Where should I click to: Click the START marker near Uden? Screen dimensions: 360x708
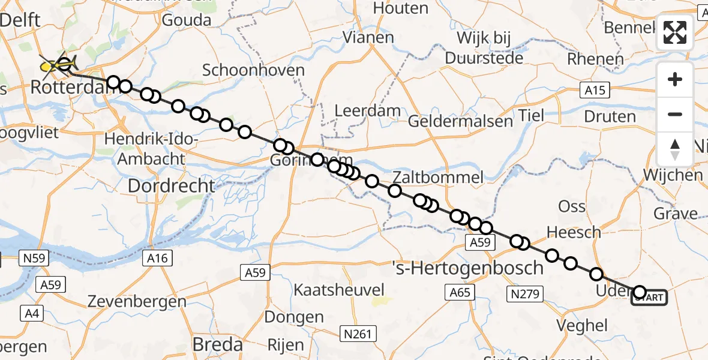pyautogui.click(x=649, y=298)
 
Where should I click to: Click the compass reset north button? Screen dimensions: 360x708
pyautogui.click(x=675, y=149)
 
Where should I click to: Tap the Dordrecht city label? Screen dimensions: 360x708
pyautogui.click(x=171, y=186)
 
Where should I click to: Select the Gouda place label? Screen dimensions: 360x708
pyautogui.click(x=187, y=20)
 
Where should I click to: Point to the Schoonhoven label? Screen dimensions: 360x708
pyautogui.click(x=253, y=70)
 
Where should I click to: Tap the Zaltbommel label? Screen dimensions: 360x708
pyautogui.click(x=438, y=178)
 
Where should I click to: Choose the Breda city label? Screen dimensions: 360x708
pyautogui.click(x=217, y=344)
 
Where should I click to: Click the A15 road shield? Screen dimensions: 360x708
pyautogui.click(x=595, y=91)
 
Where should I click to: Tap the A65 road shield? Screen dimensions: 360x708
pyautogui.click(x=460, y=293)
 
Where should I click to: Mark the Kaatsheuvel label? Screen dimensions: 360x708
pyautogui.click(x=338, y=290)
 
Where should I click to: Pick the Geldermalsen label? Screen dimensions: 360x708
pyautogui.click(x=460, y=121)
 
